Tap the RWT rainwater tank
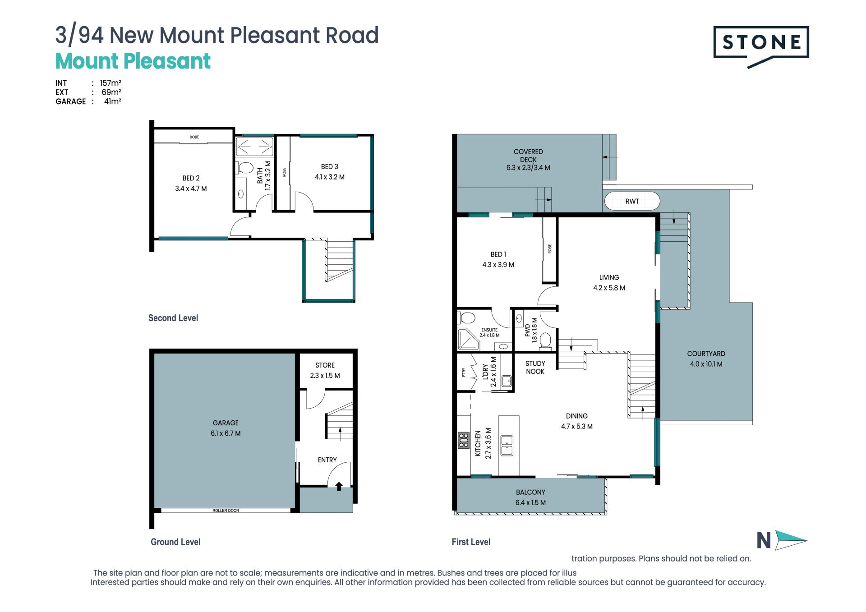coord(632,201)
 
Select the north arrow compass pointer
coord(791,540)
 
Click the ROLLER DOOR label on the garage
coord(226,511)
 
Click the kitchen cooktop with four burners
coord(464,440)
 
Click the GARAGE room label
coord(226,423)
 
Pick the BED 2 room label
coord(191,178)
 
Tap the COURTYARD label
coord(706,354)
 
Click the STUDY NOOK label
coord(535,368)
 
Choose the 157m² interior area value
coord(111,83)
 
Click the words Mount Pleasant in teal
coord(133,61)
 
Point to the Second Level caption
coord(173,318)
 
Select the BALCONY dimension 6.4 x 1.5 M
coord(530,502)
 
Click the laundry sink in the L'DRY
coord(507,381)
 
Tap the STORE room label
coord(325,365)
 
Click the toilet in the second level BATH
coord(245,168)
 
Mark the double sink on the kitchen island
coord(507,445)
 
